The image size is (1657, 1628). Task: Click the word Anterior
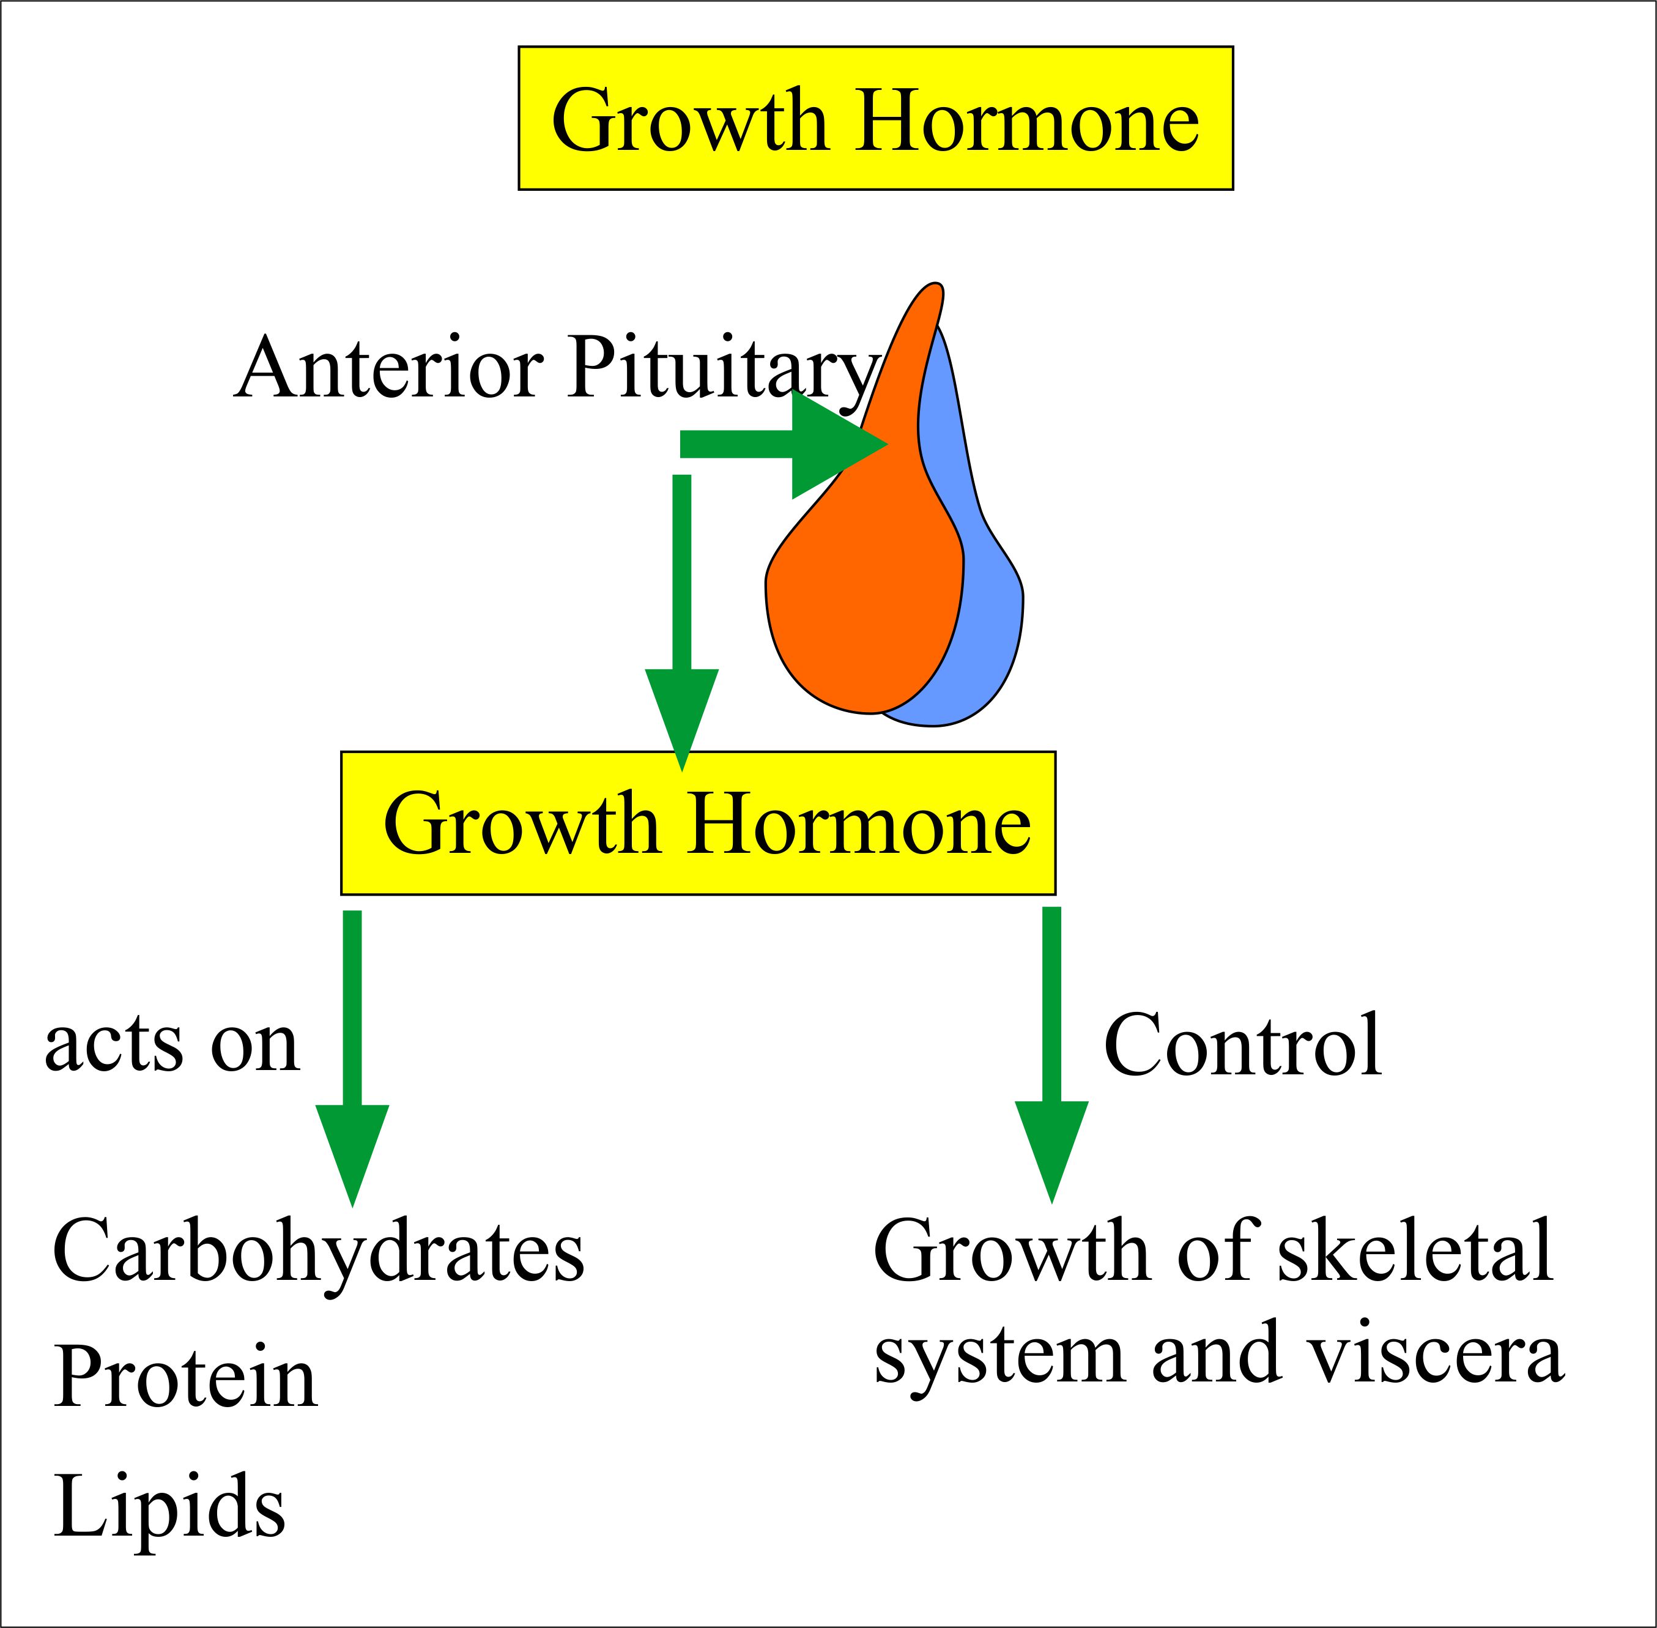point(389,368)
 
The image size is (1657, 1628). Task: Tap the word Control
point(1242,1045)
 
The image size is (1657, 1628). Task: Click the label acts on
point(172,1045)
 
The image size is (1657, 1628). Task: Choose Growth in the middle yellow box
point(522,822)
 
